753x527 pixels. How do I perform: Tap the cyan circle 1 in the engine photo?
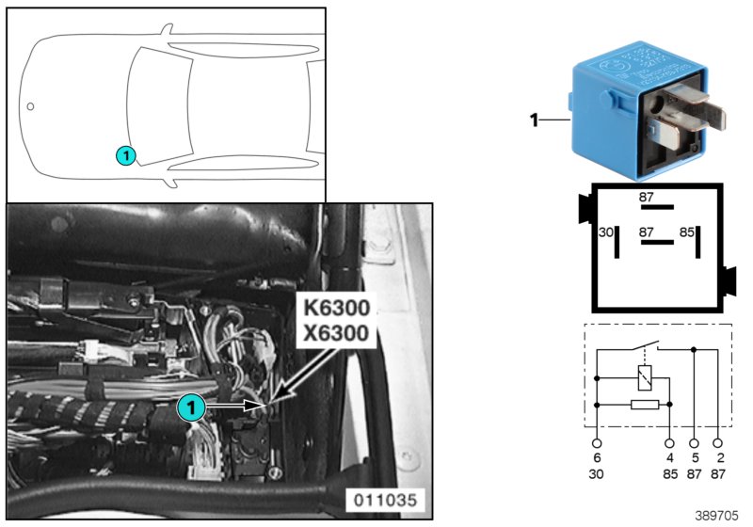pyautogui.click(x=190, y=407)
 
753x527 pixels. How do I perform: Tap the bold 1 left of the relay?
pyautogui.click(x=534, y=120)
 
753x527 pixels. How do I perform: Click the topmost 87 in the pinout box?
pyautogui.click(x=647, y=198)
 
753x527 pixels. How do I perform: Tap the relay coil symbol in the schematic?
pyautogui.click(x=643, y=379)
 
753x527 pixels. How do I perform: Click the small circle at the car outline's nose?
pyautogui.click(x=30, y=106)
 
